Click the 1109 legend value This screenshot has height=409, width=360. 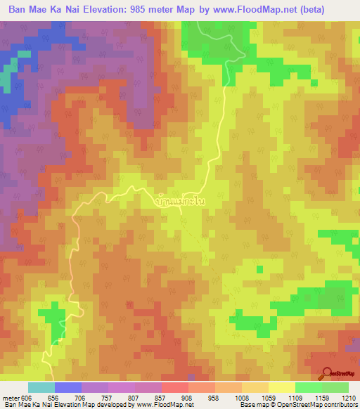295,397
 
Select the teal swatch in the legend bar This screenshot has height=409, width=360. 41,387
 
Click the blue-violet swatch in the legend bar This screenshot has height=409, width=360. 68,387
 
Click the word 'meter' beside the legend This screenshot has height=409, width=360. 10,397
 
